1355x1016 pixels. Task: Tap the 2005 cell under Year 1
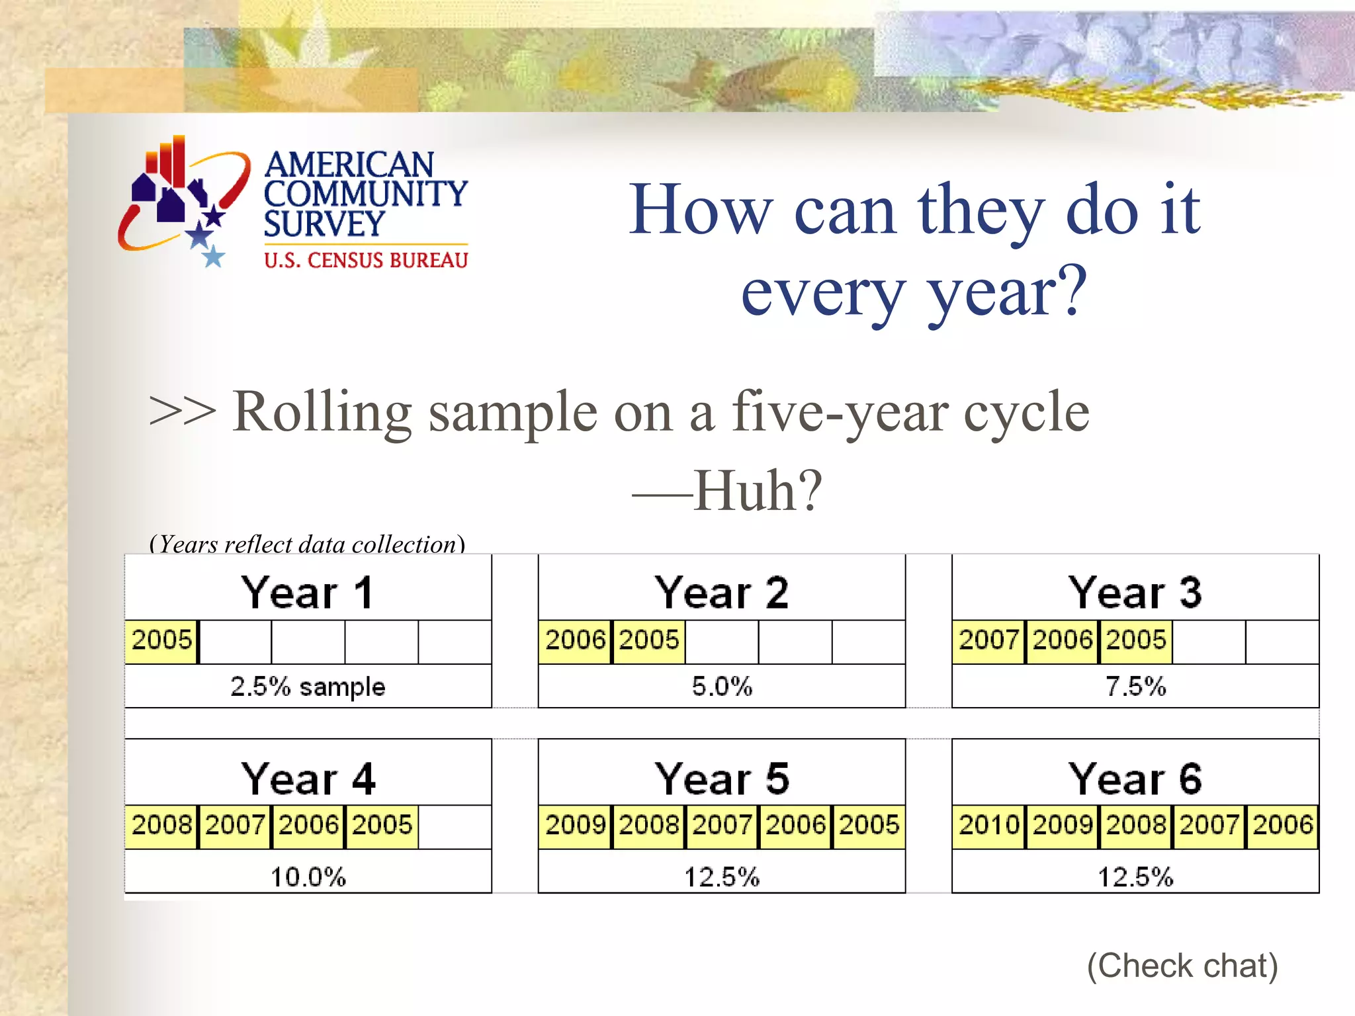(161, 640)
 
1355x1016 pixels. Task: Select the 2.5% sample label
(308, 687)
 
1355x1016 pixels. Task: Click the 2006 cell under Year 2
(575, 640)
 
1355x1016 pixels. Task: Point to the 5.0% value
(722, 687)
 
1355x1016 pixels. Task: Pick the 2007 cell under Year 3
(988, 640)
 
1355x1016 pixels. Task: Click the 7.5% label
(1135, 687)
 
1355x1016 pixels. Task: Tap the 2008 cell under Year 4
(161, 825)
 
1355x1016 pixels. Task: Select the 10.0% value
(308, 877)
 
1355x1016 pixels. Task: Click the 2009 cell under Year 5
(575, 825)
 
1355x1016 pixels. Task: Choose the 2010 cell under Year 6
(988, 825)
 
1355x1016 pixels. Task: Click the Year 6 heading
(1135, 779)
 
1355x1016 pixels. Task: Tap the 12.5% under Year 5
(722, 877)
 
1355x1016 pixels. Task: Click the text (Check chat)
(1182, 966)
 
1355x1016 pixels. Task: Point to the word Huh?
(758, 491)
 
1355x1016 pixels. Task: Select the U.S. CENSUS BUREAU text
(366, 261)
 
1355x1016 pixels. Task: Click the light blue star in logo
(212, 257)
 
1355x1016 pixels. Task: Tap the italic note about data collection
(308, 544)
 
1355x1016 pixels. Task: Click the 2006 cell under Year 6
(1282, 825)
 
